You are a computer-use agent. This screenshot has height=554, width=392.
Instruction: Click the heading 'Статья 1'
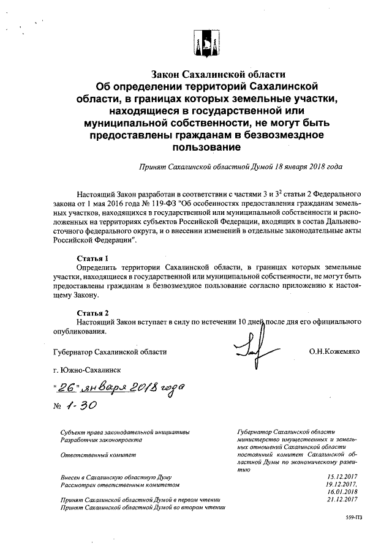click(92, 258)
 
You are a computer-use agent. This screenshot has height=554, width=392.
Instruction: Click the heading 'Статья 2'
click(92, 313)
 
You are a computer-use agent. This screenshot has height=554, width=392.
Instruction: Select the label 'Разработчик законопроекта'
click(100, 440)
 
